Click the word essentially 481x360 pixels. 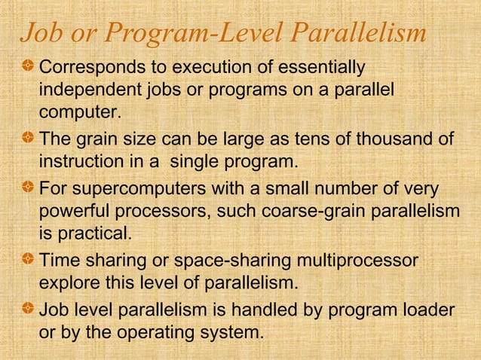click(x=321, y=69)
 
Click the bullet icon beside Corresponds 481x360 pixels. click(x=28, y=69)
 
